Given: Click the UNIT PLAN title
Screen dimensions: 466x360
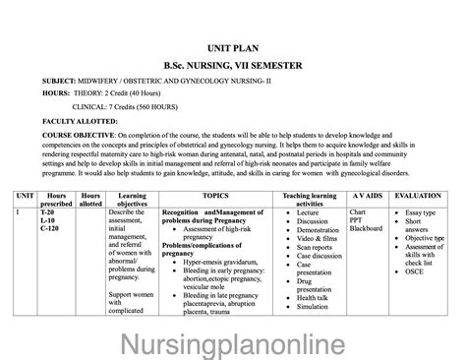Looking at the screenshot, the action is [232, 46].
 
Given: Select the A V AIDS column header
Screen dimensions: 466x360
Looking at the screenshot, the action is [365, 196].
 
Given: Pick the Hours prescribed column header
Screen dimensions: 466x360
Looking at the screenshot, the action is [56, 200].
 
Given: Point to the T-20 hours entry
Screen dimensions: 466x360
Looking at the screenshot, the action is [48, 212].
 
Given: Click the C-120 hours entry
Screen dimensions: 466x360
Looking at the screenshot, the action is [51, 230].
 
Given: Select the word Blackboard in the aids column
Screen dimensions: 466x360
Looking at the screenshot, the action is [366, 230].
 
